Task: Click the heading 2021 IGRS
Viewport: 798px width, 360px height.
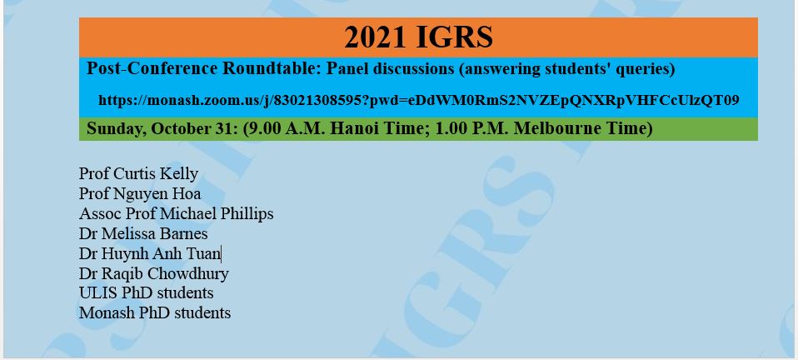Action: pos(418,37)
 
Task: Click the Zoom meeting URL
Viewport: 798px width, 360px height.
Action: pos(418,100)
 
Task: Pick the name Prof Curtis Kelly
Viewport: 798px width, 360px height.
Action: pos(138,174)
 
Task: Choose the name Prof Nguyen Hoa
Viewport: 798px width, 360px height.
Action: pos(140,193)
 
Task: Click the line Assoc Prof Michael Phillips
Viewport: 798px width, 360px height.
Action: pos(176,214)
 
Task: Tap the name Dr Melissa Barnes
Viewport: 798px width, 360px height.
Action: pos(143,233)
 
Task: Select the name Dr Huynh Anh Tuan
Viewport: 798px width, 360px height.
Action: pos(150,253)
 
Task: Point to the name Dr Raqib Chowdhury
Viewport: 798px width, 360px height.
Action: pos(154,273)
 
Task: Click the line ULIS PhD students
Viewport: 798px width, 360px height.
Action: pos(147,292)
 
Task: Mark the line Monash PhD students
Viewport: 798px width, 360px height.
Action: pos(155,312)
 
